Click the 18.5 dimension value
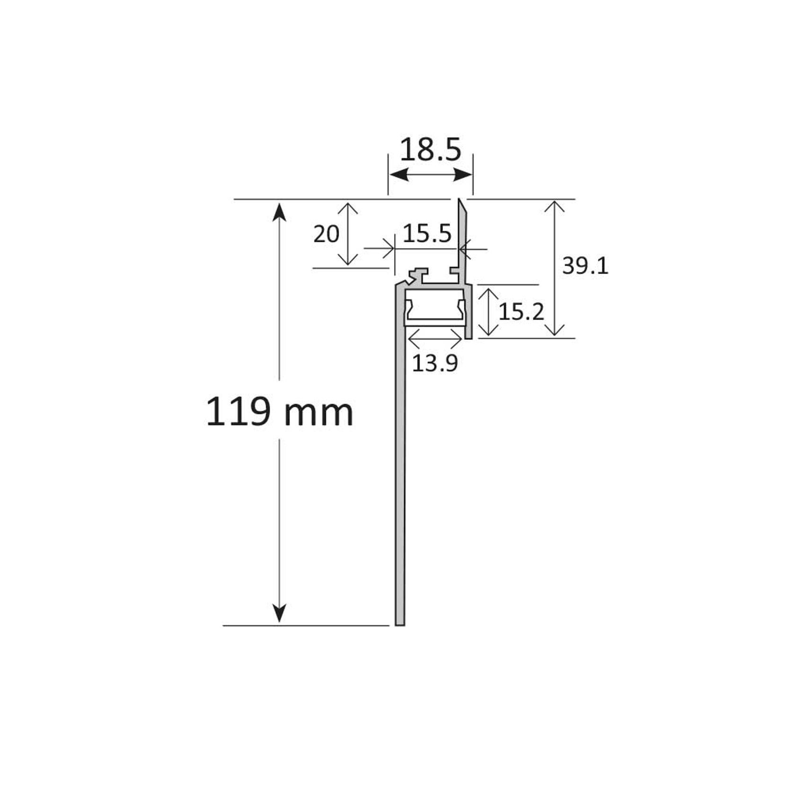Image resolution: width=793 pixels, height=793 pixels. [430, 150]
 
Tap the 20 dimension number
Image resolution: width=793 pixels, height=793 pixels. [326, 234]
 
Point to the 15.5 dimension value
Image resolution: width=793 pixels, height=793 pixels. [427, 234]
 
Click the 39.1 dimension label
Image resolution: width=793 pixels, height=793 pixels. [585, 267]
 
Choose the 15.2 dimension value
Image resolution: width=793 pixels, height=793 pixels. [521, 312]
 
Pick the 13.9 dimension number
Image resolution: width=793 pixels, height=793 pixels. [435, 363]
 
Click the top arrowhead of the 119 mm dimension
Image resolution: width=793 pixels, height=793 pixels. [280, 211]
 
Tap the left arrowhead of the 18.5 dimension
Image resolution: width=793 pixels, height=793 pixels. [397, 176]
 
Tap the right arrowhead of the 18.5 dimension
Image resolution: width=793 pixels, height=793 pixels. [464, 176]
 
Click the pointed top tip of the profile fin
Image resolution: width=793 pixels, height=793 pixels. [459, 200]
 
